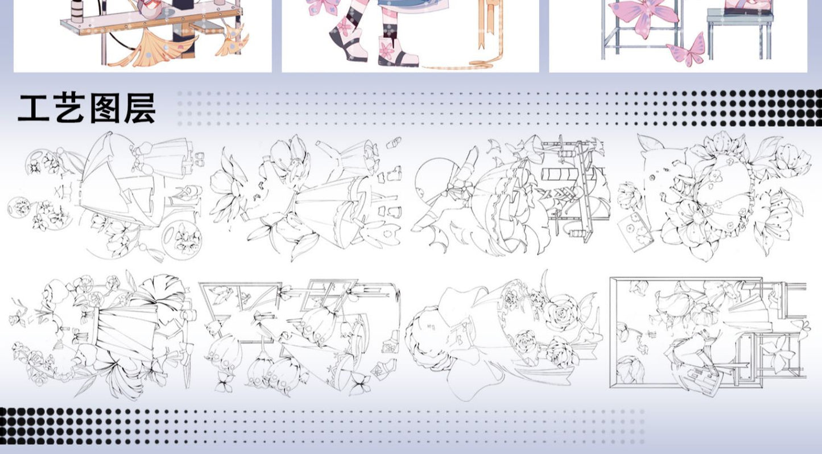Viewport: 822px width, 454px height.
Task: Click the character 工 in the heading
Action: (34, 108)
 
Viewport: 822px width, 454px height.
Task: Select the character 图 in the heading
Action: (105, 108)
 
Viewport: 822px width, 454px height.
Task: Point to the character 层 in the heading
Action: (139, 108)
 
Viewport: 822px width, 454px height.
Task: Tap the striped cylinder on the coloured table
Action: (77, 11)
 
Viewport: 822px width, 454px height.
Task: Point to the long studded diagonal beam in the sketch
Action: (584, 191)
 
